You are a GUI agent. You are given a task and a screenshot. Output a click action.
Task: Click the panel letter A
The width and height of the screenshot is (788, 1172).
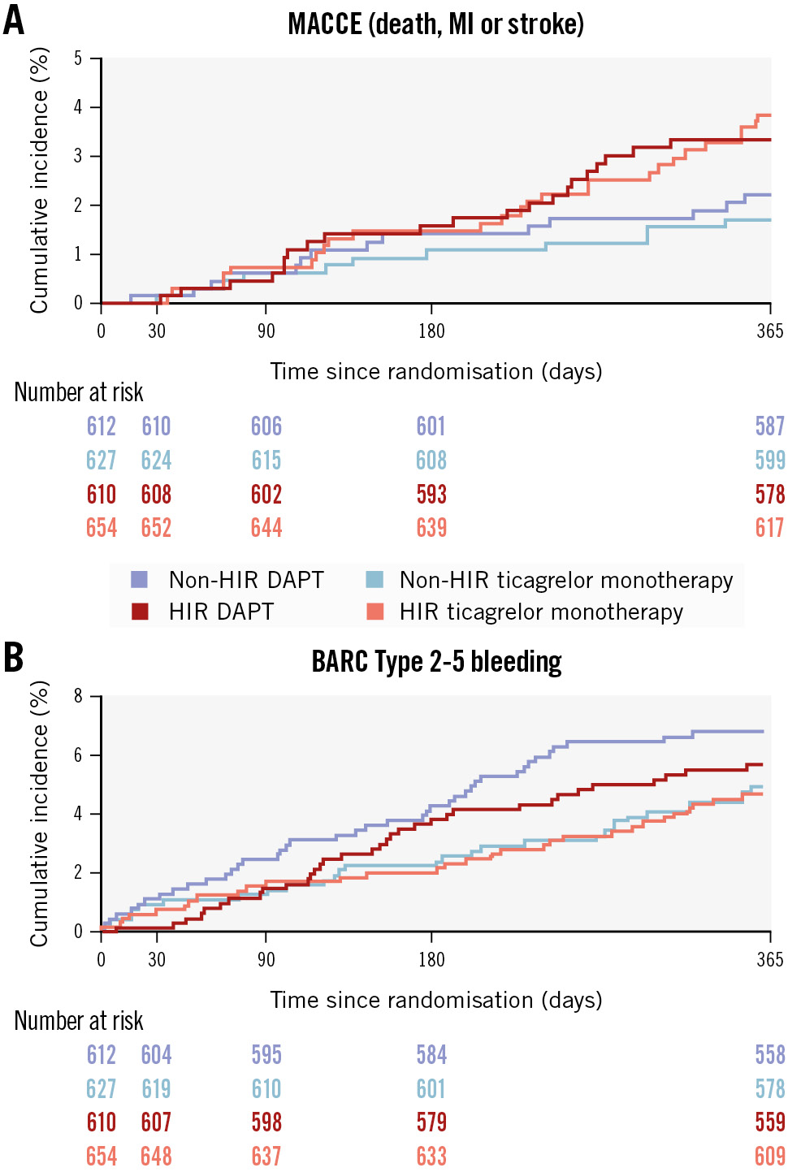point(14,20)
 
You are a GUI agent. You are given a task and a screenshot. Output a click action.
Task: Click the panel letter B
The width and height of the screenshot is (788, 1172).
point(14,658)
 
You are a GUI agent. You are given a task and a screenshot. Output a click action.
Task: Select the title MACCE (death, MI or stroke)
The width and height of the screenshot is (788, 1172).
point(435,24)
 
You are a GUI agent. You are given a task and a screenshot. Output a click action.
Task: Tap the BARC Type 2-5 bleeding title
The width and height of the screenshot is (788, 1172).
point(436,661)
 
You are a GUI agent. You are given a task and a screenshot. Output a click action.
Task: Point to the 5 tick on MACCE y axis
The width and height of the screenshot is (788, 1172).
point(78,58)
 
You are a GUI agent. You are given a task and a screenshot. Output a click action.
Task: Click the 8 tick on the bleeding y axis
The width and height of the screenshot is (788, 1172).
point(78,696)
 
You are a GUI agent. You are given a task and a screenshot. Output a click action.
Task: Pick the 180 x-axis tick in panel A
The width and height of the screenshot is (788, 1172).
point(431,331)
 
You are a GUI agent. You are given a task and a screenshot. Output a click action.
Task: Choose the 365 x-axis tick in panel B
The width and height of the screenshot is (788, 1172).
point(769,959)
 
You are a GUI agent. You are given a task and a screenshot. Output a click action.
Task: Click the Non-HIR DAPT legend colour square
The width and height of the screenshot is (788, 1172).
point(139,580)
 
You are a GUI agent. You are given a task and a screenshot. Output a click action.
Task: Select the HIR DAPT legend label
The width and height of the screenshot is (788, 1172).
point(221,612)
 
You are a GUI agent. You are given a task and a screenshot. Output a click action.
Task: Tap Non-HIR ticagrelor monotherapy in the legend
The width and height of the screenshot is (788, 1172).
point(565,580)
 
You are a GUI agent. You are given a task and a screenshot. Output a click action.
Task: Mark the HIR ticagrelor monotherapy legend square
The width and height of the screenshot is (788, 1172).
point(375,612)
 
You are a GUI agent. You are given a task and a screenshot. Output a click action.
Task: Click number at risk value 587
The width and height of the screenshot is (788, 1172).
point(769,426)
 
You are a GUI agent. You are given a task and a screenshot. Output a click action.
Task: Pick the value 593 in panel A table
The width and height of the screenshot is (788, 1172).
point(431,494)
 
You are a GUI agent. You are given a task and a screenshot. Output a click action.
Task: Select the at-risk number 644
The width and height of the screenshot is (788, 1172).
point(266,528)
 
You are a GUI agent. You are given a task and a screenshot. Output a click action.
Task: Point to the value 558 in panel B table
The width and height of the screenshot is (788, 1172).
point(769,1054)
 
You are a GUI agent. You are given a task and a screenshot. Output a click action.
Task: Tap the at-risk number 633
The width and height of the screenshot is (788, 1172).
point(431,1156)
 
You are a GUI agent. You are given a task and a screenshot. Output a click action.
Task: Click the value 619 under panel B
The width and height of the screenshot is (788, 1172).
point(156,1088)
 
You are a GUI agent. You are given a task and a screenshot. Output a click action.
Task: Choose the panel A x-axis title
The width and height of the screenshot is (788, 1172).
point(435,371)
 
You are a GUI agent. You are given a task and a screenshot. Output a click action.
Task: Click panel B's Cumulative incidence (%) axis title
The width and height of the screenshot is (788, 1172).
point(39,813)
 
